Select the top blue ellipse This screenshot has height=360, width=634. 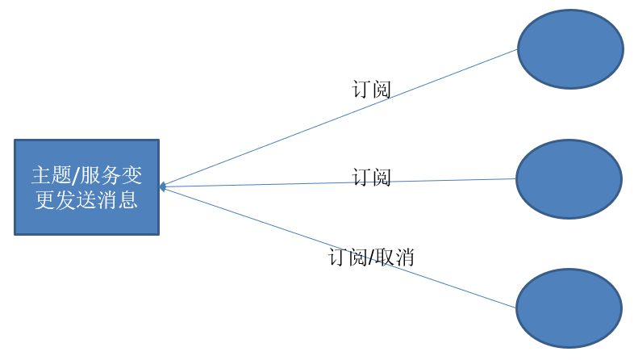[569, 49]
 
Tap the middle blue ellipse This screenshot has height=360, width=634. [569, 179]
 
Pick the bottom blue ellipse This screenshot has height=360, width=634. [569, 308]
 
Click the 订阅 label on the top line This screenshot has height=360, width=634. [372, 90]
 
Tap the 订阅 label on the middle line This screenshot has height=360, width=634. [372, 178]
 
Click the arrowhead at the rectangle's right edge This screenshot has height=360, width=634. [163, 186]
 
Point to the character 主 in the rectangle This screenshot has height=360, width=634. [40, 175]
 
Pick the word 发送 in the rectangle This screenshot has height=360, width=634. [77, 199]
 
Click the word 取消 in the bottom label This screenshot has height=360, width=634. [395, 257]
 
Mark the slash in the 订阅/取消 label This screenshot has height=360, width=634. [371, 257]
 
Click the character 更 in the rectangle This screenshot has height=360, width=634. [45, 199]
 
